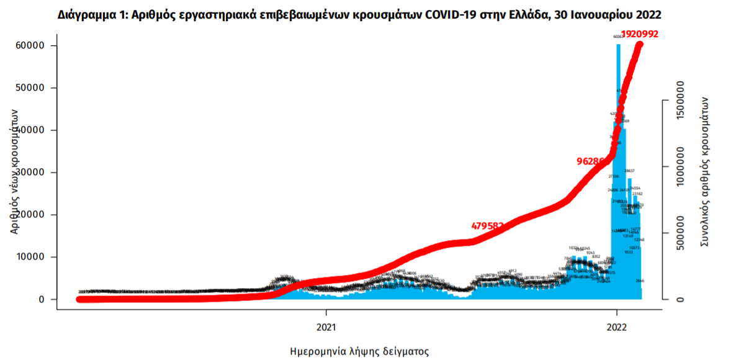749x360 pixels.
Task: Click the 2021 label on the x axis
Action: pos(326,326)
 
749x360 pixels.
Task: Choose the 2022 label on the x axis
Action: pos(616,326)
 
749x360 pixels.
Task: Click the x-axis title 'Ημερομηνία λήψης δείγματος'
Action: pos(359,351)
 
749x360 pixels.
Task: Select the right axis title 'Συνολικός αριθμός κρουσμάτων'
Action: pos(704,171)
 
